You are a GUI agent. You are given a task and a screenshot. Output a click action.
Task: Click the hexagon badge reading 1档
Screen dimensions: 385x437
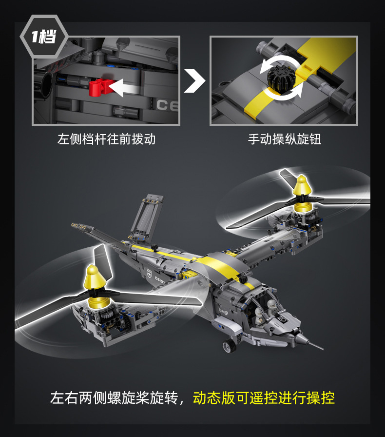44,37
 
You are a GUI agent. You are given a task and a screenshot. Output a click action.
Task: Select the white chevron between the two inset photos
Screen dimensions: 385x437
195,80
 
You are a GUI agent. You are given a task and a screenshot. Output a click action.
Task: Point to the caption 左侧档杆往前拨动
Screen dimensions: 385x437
106,139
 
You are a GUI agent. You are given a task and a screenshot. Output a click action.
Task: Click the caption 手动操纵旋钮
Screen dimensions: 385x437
285,139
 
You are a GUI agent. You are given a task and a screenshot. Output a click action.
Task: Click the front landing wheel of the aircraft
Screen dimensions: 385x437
230,346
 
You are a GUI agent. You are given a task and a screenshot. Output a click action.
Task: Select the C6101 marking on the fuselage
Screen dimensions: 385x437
160,279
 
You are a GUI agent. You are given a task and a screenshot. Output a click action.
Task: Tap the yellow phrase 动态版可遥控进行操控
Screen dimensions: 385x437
264,397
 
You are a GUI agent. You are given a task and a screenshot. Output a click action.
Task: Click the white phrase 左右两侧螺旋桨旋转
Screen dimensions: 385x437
114,397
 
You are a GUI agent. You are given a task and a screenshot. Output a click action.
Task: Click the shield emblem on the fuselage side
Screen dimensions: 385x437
150,272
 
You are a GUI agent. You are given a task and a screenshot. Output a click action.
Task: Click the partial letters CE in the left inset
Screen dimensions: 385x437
167,105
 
